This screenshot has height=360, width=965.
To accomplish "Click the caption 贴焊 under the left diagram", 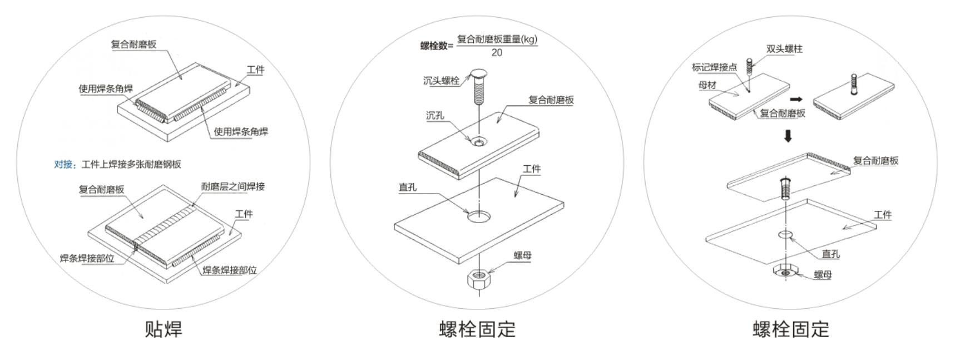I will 164,329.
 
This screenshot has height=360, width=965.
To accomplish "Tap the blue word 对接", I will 64,164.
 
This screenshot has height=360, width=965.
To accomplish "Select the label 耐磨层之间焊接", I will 232,186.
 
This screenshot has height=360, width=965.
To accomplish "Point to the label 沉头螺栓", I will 441,81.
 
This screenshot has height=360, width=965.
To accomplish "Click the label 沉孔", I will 435,116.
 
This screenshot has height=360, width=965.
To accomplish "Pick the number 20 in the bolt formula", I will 497,53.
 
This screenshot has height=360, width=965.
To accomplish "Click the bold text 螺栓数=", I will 437,46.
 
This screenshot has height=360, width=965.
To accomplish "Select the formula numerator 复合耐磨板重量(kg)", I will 497,39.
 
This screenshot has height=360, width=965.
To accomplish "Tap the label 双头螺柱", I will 784,49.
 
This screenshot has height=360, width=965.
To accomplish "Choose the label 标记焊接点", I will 714,67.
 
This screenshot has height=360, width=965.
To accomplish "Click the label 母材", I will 707,85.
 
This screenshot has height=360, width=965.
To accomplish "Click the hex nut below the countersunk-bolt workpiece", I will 478,278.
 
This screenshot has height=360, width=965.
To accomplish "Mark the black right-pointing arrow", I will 796,99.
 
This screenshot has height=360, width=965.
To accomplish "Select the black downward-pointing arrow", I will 788,136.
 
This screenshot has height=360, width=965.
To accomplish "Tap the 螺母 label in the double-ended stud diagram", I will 823,274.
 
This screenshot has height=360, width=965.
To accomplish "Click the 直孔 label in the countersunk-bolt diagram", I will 408,188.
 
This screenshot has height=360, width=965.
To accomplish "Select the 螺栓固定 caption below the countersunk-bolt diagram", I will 477,329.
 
